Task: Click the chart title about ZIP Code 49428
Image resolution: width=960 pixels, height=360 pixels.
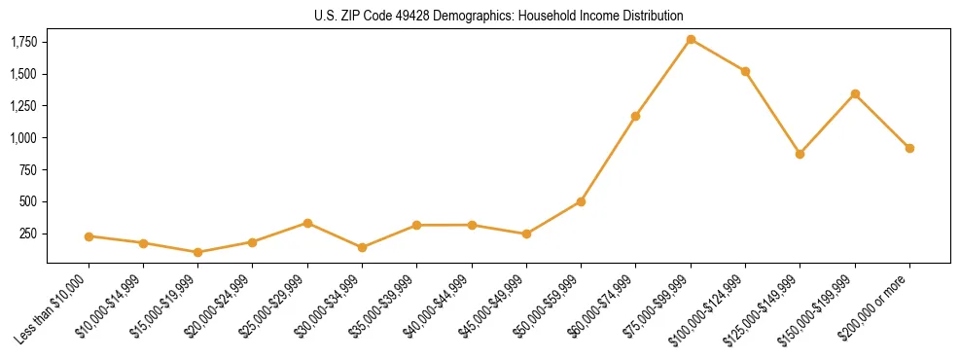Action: point(499,16)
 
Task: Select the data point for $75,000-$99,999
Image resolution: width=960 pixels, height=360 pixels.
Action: point(691,39)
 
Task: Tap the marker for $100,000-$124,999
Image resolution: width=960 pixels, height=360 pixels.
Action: point(745,71)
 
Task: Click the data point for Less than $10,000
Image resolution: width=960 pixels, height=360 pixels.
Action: point(89,236)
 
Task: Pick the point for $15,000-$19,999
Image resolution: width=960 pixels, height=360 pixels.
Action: point(197,252)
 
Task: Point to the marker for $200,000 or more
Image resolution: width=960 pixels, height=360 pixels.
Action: point(909,148)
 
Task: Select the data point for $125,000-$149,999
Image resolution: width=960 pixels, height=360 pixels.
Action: point(800,154)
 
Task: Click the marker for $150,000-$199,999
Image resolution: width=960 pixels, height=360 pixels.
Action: point(855,93)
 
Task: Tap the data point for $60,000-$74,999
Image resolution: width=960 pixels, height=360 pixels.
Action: point(635,116)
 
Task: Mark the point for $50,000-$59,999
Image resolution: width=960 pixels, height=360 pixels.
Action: point(581,201)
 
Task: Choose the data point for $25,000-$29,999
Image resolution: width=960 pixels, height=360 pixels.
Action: point(307,223)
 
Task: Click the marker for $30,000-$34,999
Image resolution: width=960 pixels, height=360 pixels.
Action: point(362,247)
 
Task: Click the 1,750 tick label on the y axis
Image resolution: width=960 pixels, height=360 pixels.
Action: point(24,42)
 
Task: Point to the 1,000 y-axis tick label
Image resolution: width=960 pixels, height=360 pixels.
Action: point(24,138)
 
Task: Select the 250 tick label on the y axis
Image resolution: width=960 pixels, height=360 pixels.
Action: point(29,234)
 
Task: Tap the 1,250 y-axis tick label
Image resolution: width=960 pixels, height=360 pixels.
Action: point(24,106)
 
